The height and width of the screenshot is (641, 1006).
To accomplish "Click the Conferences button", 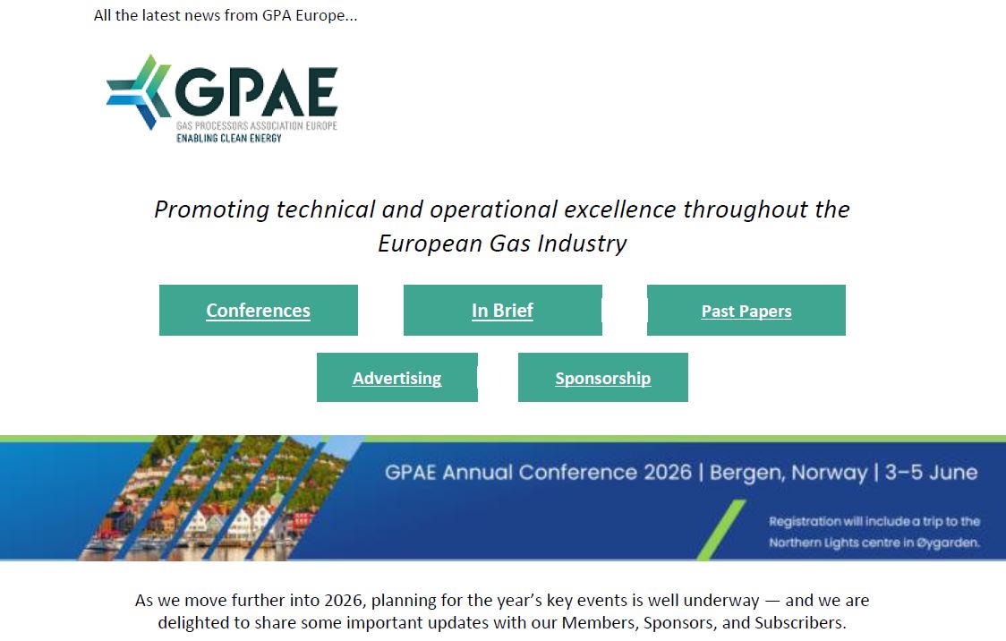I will pyautogui.click(x=258, y=311).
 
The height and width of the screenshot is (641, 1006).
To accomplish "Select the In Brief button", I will pyautogui.click(x=502, y=311).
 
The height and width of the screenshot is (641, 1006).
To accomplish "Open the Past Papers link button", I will pyautogui.click(x=746, y=312).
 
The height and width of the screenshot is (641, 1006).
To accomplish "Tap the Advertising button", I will pyautogui.click(x=396, y=378).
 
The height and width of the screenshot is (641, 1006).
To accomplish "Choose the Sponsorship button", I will pyautogui.click(x=602, y=378).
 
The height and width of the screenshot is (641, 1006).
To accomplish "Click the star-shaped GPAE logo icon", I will pyautogui.click(x=138, y=92).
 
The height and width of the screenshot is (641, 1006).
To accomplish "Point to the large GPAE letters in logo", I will pyautogui.click(x=256, y=90).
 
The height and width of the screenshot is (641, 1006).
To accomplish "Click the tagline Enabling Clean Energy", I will pyautogui.click(x=228, y=138).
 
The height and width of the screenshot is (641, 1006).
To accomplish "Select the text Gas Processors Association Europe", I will pyautogui.click(x=256, y=125).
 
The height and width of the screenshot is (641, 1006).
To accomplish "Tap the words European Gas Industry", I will pyautogui.click(x=502, y=244).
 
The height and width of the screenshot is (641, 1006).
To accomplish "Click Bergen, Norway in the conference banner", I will pyautogui.click(x=788, y=472).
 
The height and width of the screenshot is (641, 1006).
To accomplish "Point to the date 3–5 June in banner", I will pyautogui.click(x=931, y=472).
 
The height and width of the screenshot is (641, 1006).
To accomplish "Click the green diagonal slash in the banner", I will pyautogui.click(x=720, y=530).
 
